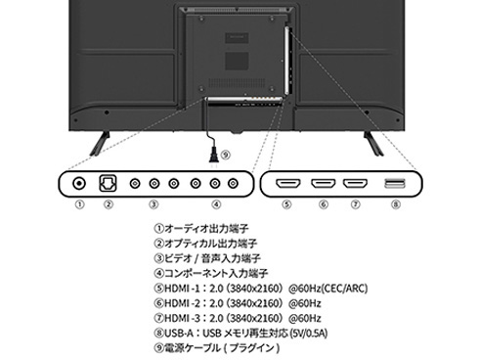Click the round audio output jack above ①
(x=79, y=182)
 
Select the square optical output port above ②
(x=109, y=182)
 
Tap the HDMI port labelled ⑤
(x=286, y=183)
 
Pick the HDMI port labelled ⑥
(x=322, y=183)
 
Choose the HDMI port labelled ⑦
(x=355, y=183)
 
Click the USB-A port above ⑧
(x=394, y=183)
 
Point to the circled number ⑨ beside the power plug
(x=227, y=155)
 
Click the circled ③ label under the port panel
(x=152, y=205)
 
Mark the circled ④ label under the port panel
(x=216, y=205)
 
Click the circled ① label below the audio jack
(x=80, y=205)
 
